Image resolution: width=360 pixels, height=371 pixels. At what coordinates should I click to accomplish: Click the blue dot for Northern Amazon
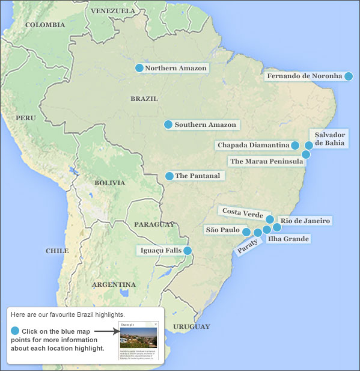click(x=139, y=68)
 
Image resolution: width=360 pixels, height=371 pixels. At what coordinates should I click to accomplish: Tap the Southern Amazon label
click(x=206, y=124)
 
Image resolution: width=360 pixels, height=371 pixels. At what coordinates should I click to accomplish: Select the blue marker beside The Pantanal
click(x=169, y=176)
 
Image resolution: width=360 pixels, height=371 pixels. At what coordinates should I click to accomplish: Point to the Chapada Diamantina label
click(x=253, y=145)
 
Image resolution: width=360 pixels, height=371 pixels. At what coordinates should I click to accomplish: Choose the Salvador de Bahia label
click(x=329, y=139)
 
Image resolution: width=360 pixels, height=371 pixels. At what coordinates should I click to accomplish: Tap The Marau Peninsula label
click(x=266, y=161)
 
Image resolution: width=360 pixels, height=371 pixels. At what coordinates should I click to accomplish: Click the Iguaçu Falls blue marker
click(x=188, y=251)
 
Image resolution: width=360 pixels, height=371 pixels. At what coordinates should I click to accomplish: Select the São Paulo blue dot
click(x=246, y=231)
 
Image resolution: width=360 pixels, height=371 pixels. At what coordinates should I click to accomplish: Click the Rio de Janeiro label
click(x=305, y=221)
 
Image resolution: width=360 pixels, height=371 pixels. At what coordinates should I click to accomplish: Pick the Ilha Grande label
click(x=288, y=239)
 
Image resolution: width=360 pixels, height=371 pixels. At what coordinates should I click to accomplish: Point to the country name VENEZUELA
click(x=112, y=11)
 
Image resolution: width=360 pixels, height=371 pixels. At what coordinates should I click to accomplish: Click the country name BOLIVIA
click(x=109, y=183)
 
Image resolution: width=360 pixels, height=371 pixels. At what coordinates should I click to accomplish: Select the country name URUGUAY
click(x=191, y=327)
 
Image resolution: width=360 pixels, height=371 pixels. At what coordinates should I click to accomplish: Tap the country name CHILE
click(x=57, y=251)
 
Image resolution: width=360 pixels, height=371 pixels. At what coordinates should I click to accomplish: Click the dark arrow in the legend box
click(x=106, y=331)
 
